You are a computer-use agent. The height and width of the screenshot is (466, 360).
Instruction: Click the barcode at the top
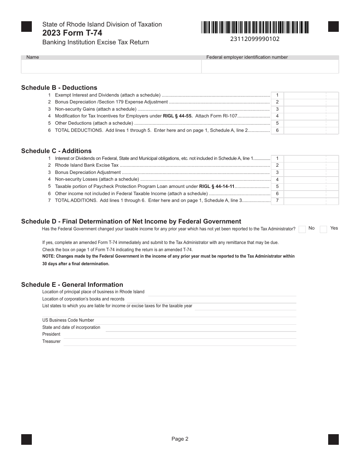click(255, 27)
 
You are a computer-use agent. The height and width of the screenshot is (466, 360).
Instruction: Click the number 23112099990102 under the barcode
click(255, 39)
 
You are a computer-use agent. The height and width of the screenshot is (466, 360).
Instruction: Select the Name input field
click(111, 67)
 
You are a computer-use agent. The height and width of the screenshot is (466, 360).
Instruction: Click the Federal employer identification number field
click(270, 67)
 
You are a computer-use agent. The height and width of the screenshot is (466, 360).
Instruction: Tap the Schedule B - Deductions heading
click(59, 88)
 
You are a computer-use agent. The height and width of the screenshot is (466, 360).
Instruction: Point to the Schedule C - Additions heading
click(56, 151)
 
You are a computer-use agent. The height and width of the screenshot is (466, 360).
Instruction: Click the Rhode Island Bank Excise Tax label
click(87, 165)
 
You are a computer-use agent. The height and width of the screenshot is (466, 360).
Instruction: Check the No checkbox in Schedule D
click(302, 229)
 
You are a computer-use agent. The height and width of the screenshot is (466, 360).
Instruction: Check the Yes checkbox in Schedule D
click(323, 229)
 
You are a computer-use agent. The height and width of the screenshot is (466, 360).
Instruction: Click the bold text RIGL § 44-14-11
click(217, 186)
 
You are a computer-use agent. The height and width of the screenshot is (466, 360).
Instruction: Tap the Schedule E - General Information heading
click(72, 285)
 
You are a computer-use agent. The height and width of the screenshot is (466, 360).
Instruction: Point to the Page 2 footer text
click(180, 439)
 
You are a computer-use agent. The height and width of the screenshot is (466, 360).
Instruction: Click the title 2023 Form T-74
click(72, 33)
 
